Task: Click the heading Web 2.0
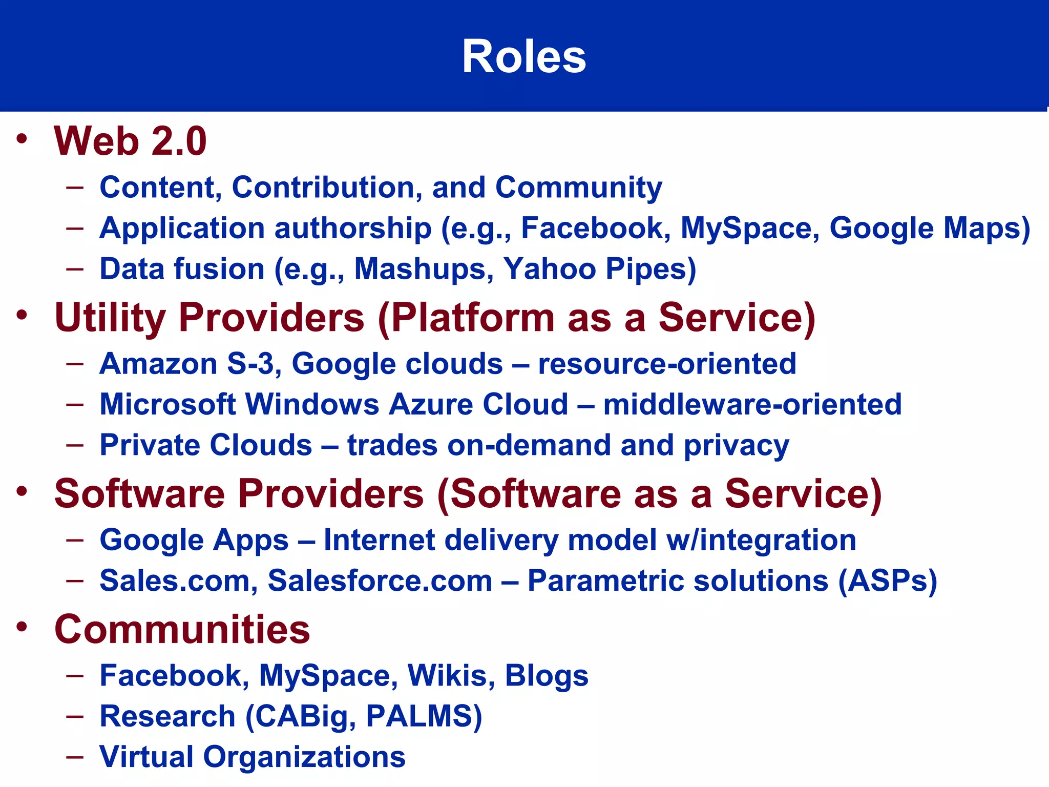(x=130, y=141)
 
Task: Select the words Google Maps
(x=928, y=229)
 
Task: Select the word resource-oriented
(x=667, y=364)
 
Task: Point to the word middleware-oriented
(x=752, y=405)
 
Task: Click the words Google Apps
(x=194, y=541)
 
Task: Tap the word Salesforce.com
(x=380, y=581)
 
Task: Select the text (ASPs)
(x=887, y=581)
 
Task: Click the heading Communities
(x=182, y=629)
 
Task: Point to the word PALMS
(x=423, y=716)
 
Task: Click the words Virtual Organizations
(x=252, y=757)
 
